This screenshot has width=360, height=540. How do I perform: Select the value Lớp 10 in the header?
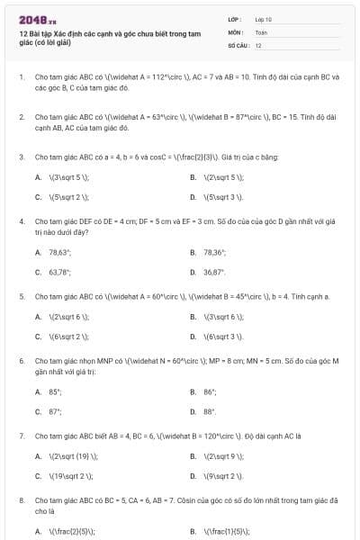pyautogui.click(x=263, y=18)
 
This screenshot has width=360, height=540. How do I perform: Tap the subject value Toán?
pyautogui.click(x=260, y=31)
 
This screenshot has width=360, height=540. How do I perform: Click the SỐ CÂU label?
pyautogui.click(x=237, y=44)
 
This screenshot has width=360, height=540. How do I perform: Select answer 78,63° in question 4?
pyautogui.click(x=60, y=253)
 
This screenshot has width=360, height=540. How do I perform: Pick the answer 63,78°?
pyautogui.click(x=60, y=271)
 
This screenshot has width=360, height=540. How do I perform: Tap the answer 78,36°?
pyautogui.click(x=214, y=253)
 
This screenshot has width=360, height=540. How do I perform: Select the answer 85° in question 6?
pyautogui.click(x=56, y=392)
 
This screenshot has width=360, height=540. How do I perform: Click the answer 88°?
pyautogui.click(x=210, y=411)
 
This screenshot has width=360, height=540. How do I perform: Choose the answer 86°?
pyautogui.click(x=210, y=392)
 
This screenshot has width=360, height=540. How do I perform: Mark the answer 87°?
pyautogui.click(x=56, y=411)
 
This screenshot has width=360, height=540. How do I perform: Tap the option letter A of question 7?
pyautogui.click(x=38, y=456)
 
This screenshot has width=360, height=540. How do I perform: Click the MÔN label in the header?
pyautogui.click(x=235, y=31)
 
